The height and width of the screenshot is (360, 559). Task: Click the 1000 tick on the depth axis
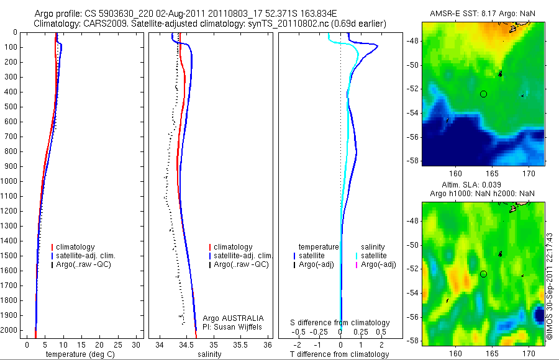tap(10, 181)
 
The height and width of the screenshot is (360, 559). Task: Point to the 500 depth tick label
tap(10, 107)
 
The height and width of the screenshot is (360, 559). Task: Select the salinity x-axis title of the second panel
tap(208, 354)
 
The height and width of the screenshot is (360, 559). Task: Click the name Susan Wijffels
tap(234, 327)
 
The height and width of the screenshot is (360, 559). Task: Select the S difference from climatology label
tap(340, 323)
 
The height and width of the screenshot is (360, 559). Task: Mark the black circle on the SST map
tap(483, 94)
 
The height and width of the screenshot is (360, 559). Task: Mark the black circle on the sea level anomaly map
tap(483, 274)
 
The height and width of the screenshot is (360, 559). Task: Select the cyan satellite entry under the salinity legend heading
tap(373, 256)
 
